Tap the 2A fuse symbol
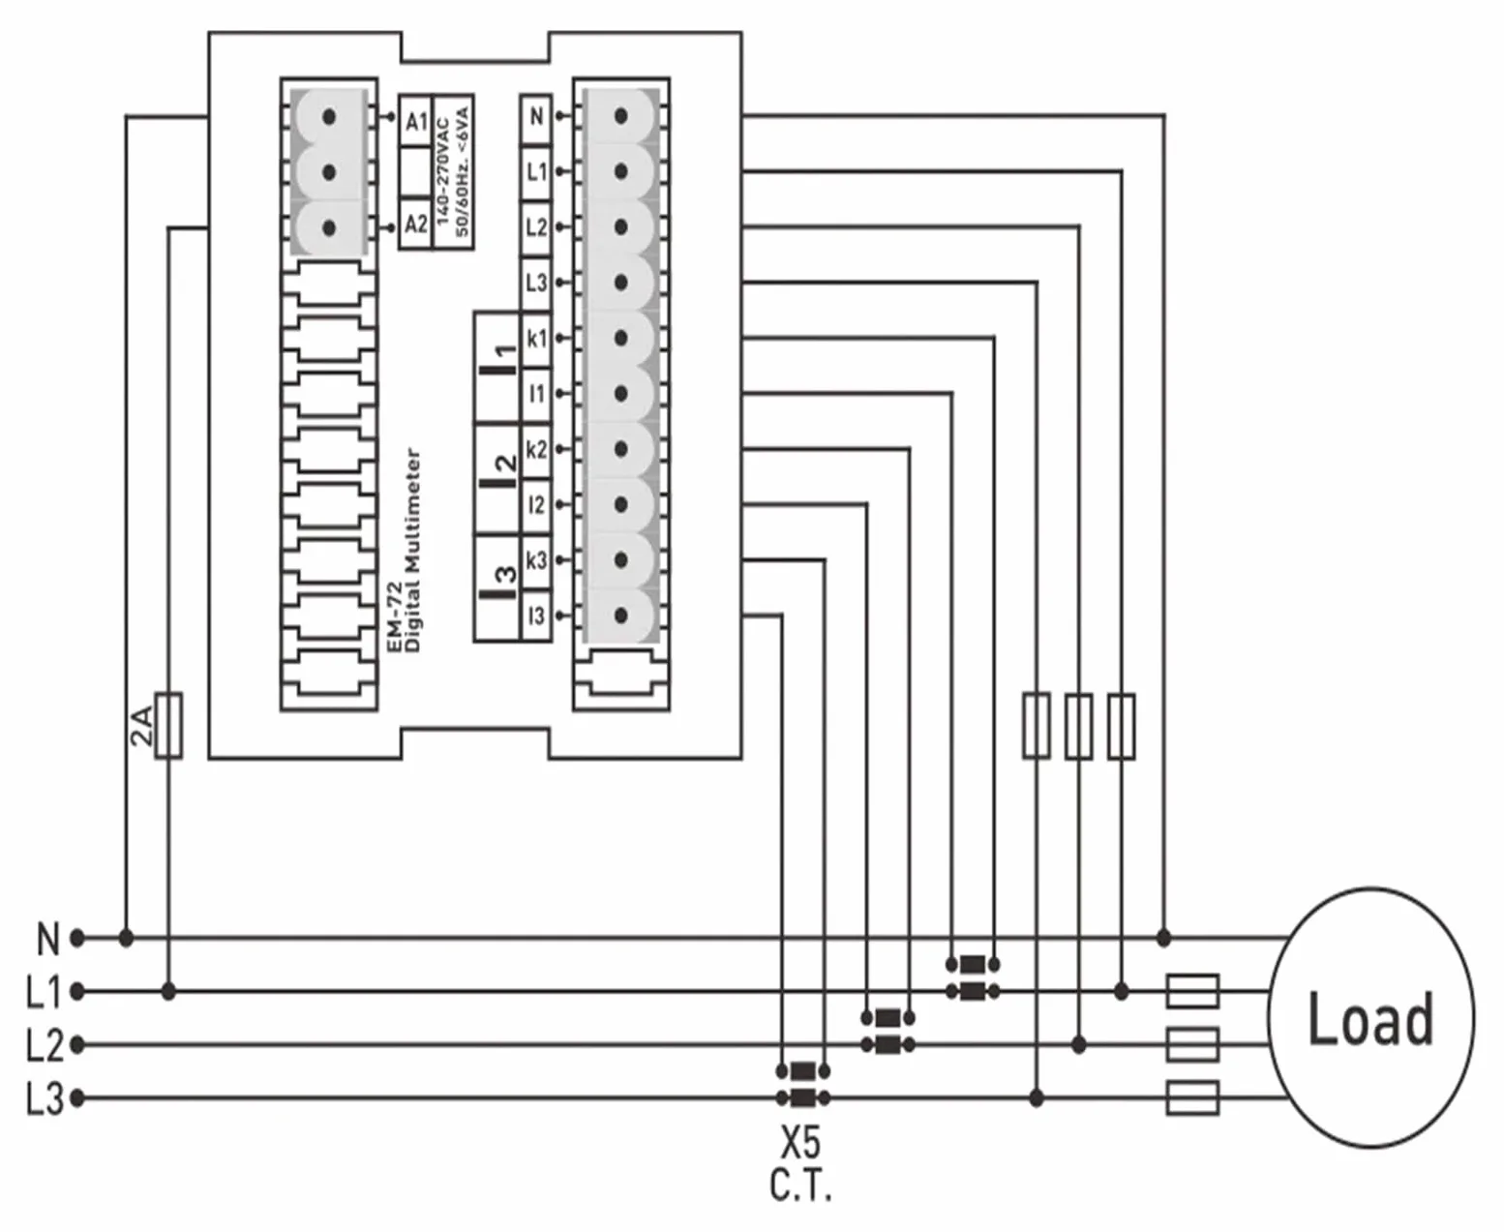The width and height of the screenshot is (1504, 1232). pyautogui.click(x=168, y=725)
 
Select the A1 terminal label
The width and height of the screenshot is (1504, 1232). pyautogui.click(x=416, y=121)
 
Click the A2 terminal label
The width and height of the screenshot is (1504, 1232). pyautogui.click(x=416, y=225)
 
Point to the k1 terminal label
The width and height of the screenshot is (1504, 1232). pyautogui.click(x=537, y=339)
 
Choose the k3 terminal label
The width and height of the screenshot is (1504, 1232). pyautogui.click(x=537, y=560)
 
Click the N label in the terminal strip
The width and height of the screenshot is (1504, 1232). pyautogui.click(x=537, y=117)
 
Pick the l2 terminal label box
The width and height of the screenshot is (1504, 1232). pyautogui.click(x=537, y=505)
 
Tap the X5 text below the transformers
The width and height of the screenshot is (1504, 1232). pyautogui.click(x=800, y=1142)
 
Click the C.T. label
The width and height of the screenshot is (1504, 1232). pyautogui.click(x=800, y=1186)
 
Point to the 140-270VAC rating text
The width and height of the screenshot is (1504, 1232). pyautogui.click(x=443, y=172)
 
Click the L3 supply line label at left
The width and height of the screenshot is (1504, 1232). pyautogui.click(x=45, y=1098)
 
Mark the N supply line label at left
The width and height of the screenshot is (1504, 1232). pyautogui.click(x=48, y=938)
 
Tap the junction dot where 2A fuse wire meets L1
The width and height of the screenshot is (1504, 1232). pyautogui.click(x=168, y=991)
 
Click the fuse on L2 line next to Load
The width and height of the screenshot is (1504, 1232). pyautogui.click(x=1192, y=1044)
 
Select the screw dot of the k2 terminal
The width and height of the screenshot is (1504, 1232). pyautogui.click(x=621, y=449)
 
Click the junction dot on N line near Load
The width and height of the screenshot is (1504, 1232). pyautogui.click(x=1164, y=938)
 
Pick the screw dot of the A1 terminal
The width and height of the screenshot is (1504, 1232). pyautogui.click(x=329, y=116)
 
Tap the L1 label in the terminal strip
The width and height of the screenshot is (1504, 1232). pyautogui.click(x=537, y=172)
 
